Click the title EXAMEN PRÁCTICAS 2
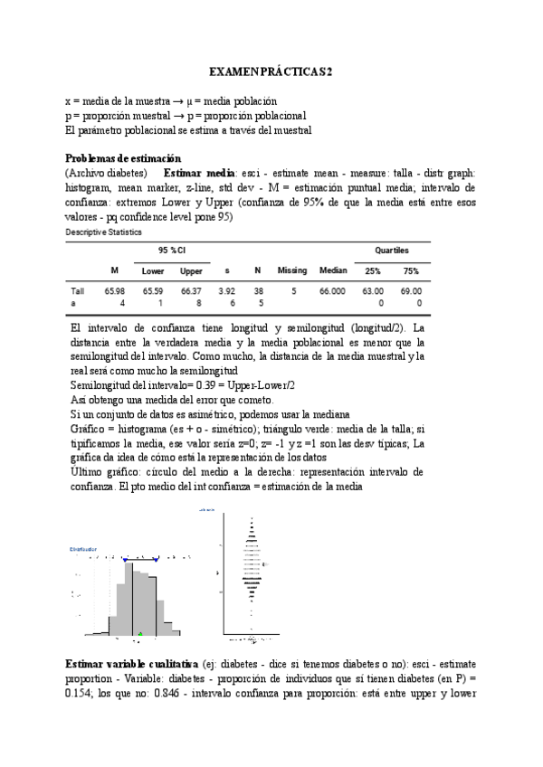(x=271, y=71)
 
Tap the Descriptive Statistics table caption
(x=104, y=232)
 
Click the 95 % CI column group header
(x=172, y=250)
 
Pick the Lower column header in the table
(x=152, y=270)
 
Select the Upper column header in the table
(x=191, y=270)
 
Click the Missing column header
(x=292, y=270)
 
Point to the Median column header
(x=333, y=270)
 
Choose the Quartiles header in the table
(x=392, y=250)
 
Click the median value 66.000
(x=332, y=291)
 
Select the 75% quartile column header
(x=411, y=270)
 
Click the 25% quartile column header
(x=372, y=270)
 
